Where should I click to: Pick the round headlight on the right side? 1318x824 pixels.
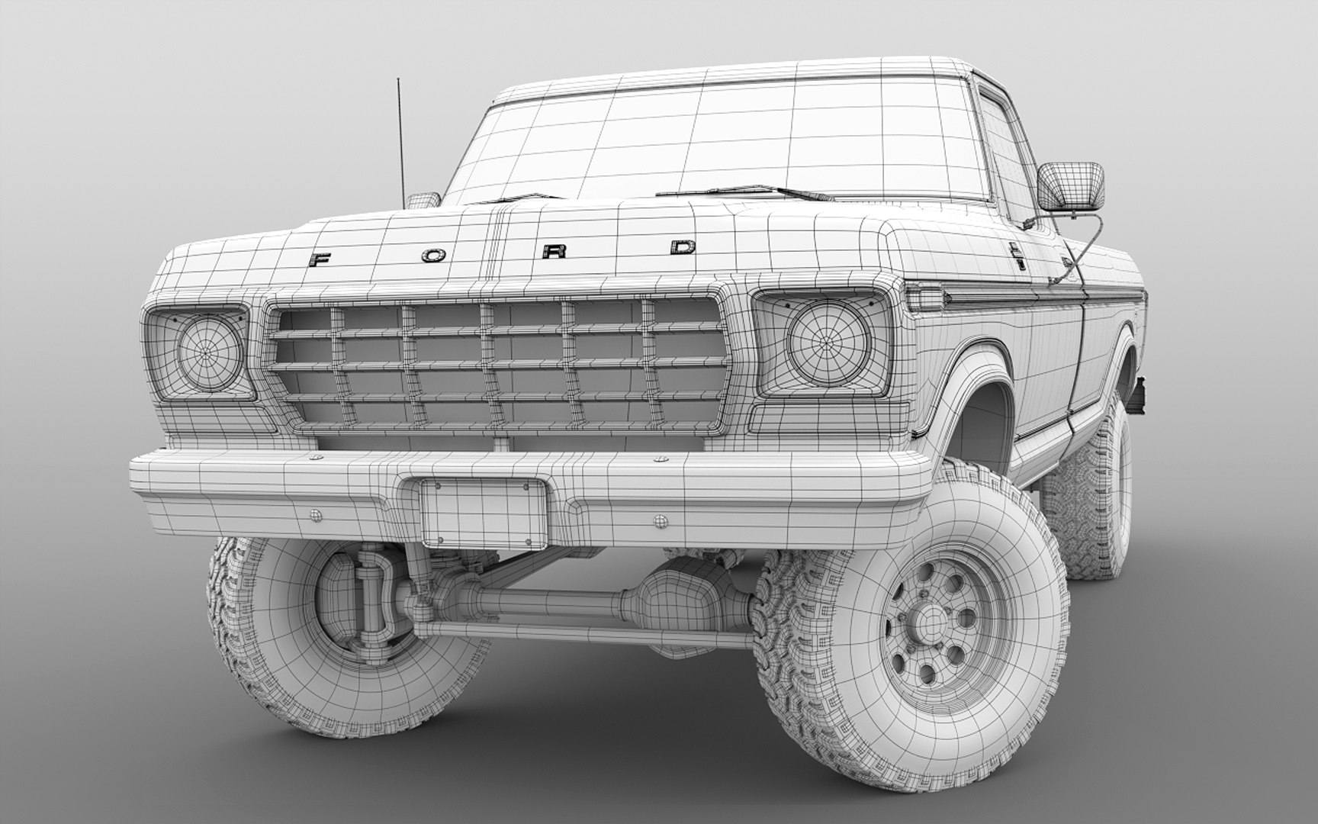[829, 340]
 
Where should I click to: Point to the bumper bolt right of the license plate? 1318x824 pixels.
[660, 521]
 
